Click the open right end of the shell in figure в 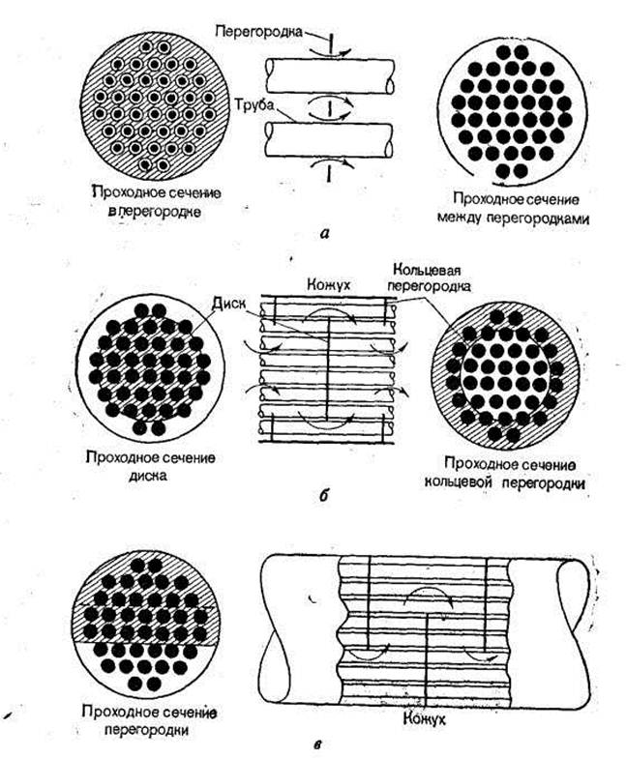[573, 617]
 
